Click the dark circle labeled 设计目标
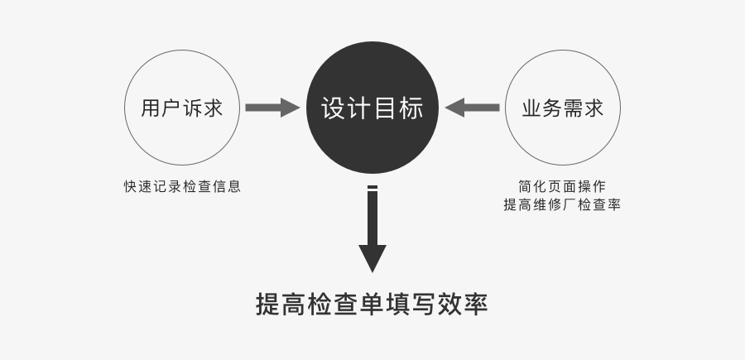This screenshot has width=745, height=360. (x=372, y=108)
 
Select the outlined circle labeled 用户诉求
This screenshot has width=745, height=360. (x=182, y=108)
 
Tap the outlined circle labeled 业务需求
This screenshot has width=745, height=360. (x=562, y=108)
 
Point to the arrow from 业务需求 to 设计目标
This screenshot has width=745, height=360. (x=472, y=108)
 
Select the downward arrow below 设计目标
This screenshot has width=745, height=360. (x=372, y=232)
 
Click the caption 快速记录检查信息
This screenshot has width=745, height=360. (x=182, y=186)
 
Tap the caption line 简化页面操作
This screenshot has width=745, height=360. (x=562, y=186)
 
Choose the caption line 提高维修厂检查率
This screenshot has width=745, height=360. (x=562, y=204)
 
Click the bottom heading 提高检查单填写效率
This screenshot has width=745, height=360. (x=372, y=304)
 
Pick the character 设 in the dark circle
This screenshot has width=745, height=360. (x=333, y=108)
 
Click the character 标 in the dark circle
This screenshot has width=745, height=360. (x=411, y=108)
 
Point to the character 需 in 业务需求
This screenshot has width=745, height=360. (x=573, y=108)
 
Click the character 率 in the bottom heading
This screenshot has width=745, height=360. (x=477, y=304)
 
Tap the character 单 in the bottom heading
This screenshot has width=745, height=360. (x=372, y=304)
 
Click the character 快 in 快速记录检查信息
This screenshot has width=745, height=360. (x=130, y=186)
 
